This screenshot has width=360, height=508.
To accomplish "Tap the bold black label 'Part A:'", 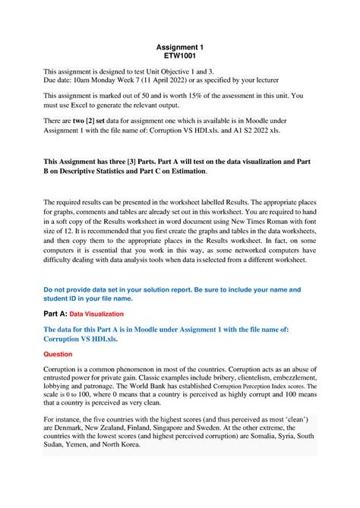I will [x=61, y=313].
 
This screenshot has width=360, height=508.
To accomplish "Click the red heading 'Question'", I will [x=62, y=354].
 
